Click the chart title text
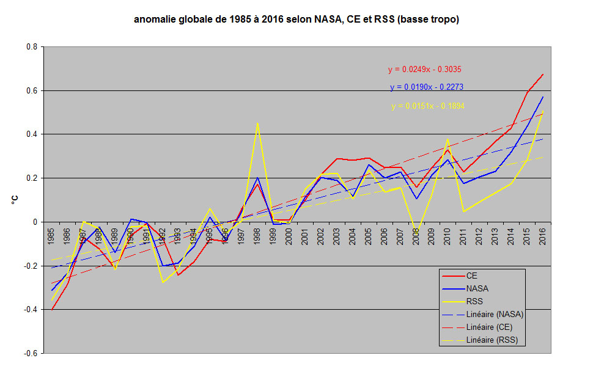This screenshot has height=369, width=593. pyautogui.click(x=296, y=20)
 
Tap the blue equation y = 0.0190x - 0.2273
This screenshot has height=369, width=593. pyautogui.click(x=426, y=87)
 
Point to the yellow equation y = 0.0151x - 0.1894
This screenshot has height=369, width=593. pyautogui.click(x=428, y=106)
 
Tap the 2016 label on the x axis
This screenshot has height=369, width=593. pyautogui.click(x=543, y=234)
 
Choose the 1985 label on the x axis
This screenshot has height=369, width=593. pyautogui.click(x=51, y=234)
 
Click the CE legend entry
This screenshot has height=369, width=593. pyautogui.click(x=472, y=275)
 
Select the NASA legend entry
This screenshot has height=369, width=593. pyautogui.click(x=477, y=288)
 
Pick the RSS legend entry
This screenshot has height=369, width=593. pyautogui.click(x=474, y=301)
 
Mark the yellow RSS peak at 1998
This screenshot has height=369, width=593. pyautogui.click(x=257, y=123)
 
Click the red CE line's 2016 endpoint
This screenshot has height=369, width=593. pyautogui.click(x=543, y=75)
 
